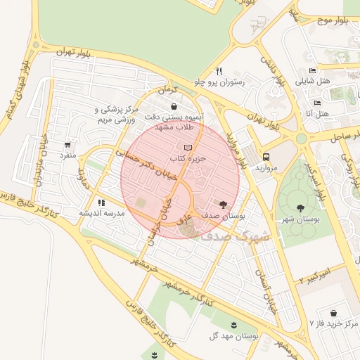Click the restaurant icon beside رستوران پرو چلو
coord(219,71)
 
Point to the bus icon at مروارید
coord(266,157)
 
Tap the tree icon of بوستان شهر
coord(301,208)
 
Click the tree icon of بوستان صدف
coord(223,205)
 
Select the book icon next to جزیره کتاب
coord(186,148)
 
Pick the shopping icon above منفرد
coord(67,145)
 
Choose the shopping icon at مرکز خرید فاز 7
coord(332,313)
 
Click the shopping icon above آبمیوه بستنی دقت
coord(174,107)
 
